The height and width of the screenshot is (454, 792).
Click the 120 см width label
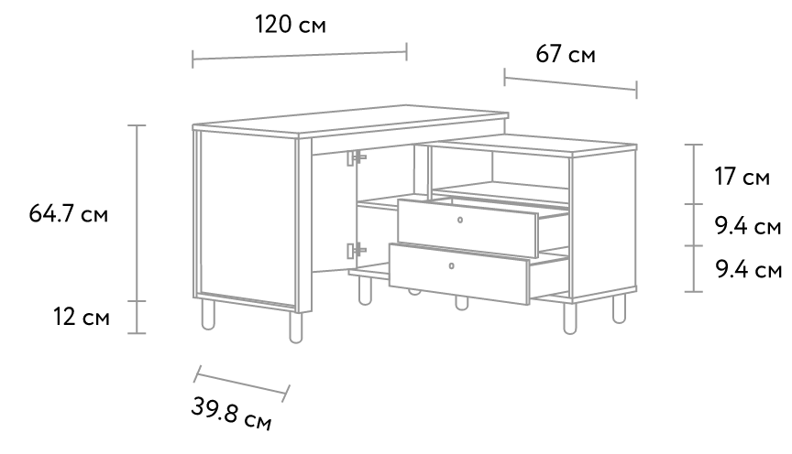click(291, 24)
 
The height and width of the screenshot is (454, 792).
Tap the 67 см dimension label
click(566, 54)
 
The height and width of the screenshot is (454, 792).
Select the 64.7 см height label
click(68, 214)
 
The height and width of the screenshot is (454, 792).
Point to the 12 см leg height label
click(82, 318)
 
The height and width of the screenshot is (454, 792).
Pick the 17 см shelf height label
click(742, 177)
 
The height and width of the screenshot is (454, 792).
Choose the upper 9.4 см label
click(748, 225)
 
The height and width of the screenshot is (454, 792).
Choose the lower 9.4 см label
click(749, 269)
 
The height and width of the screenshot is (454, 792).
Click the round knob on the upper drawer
click(459, 220)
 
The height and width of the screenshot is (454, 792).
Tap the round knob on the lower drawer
click(452, 265)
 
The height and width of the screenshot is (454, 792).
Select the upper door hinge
click(356, 157)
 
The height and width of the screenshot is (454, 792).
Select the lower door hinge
click(356, 250)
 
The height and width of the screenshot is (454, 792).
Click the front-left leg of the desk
click(296, 328)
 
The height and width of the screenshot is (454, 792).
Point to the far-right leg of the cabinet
click(619, 308)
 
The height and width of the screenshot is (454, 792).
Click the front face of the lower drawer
click(458, 274)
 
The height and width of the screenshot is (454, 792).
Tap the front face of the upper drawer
click(467, 229)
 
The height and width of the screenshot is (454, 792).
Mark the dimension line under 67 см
click(571, 83)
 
